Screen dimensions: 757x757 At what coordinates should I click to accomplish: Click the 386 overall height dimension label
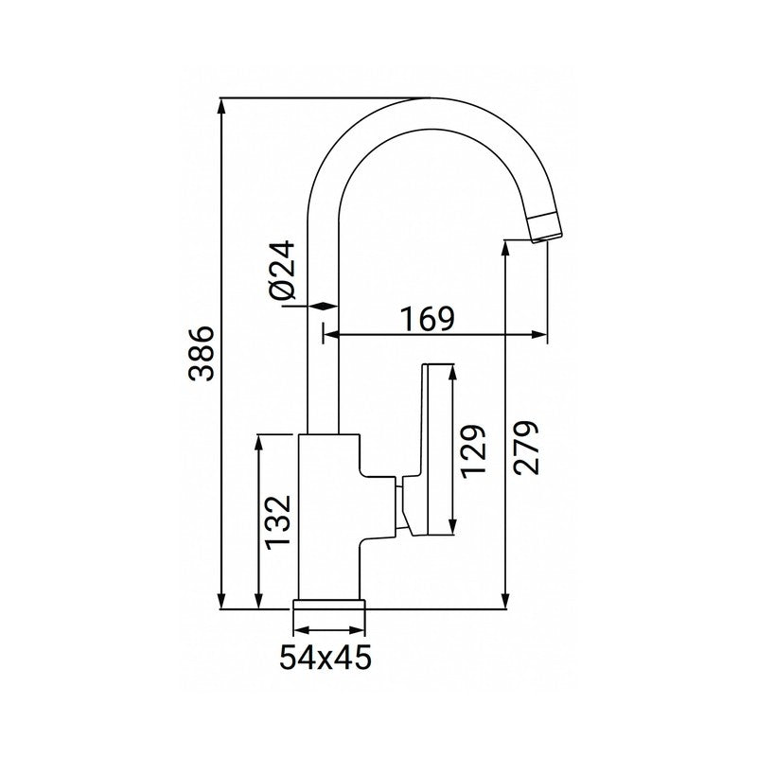point(202,354)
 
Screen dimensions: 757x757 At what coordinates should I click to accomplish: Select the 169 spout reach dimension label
point(426,320)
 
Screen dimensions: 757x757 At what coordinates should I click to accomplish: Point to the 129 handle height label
point(476,449)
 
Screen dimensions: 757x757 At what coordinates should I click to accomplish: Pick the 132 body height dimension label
point(278,520)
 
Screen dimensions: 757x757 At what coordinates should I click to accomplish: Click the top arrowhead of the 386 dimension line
point(221,104)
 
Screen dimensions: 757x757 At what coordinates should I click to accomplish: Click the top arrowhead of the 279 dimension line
point(509,248)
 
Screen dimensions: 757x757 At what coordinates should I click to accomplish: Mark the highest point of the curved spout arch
point(431,99)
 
